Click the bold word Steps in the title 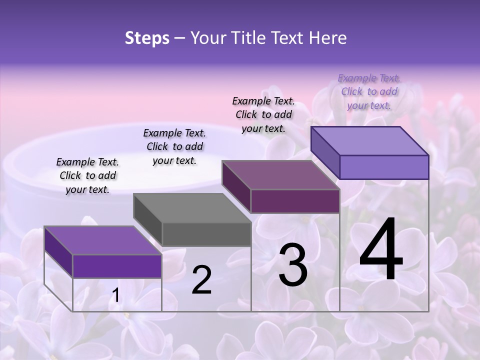(x=147, y=38)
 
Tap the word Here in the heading (x=328, y=38)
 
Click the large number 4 (x=381, y=250)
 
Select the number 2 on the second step (x=202, y=280)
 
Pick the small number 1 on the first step (x=115, y=295)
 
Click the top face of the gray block (x=192, y=208)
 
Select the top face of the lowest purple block (x=103, y=240)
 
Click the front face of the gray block (x=206, y=234)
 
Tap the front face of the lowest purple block (x=117, y=266)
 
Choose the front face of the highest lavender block (x=384, y=167)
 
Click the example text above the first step (x=87, y=175)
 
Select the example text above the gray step (x=174, y=146)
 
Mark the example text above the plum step (x=263, y=114)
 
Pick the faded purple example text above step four (x=369, y=91)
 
